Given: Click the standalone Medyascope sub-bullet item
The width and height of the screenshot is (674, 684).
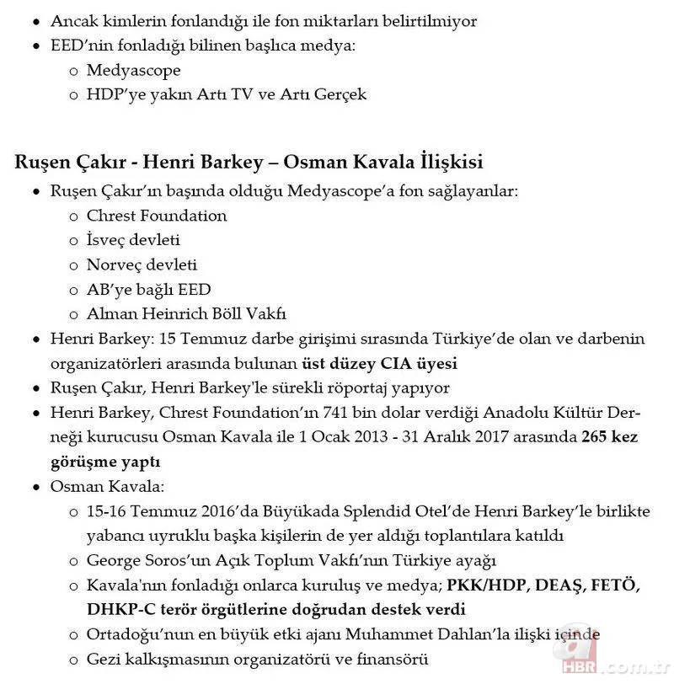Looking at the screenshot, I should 133,70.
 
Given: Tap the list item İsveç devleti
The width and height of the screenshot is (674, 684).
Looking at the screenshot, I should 133,240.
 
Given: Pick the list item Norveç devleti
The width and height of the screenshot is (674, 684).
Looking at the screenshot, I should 142,265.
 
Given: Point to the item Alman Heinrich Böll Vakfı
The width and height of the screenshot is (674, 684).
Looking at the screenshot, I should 186,314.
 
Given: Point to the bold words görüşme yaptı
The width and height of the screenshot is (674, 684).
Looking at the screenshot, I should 105,462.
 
